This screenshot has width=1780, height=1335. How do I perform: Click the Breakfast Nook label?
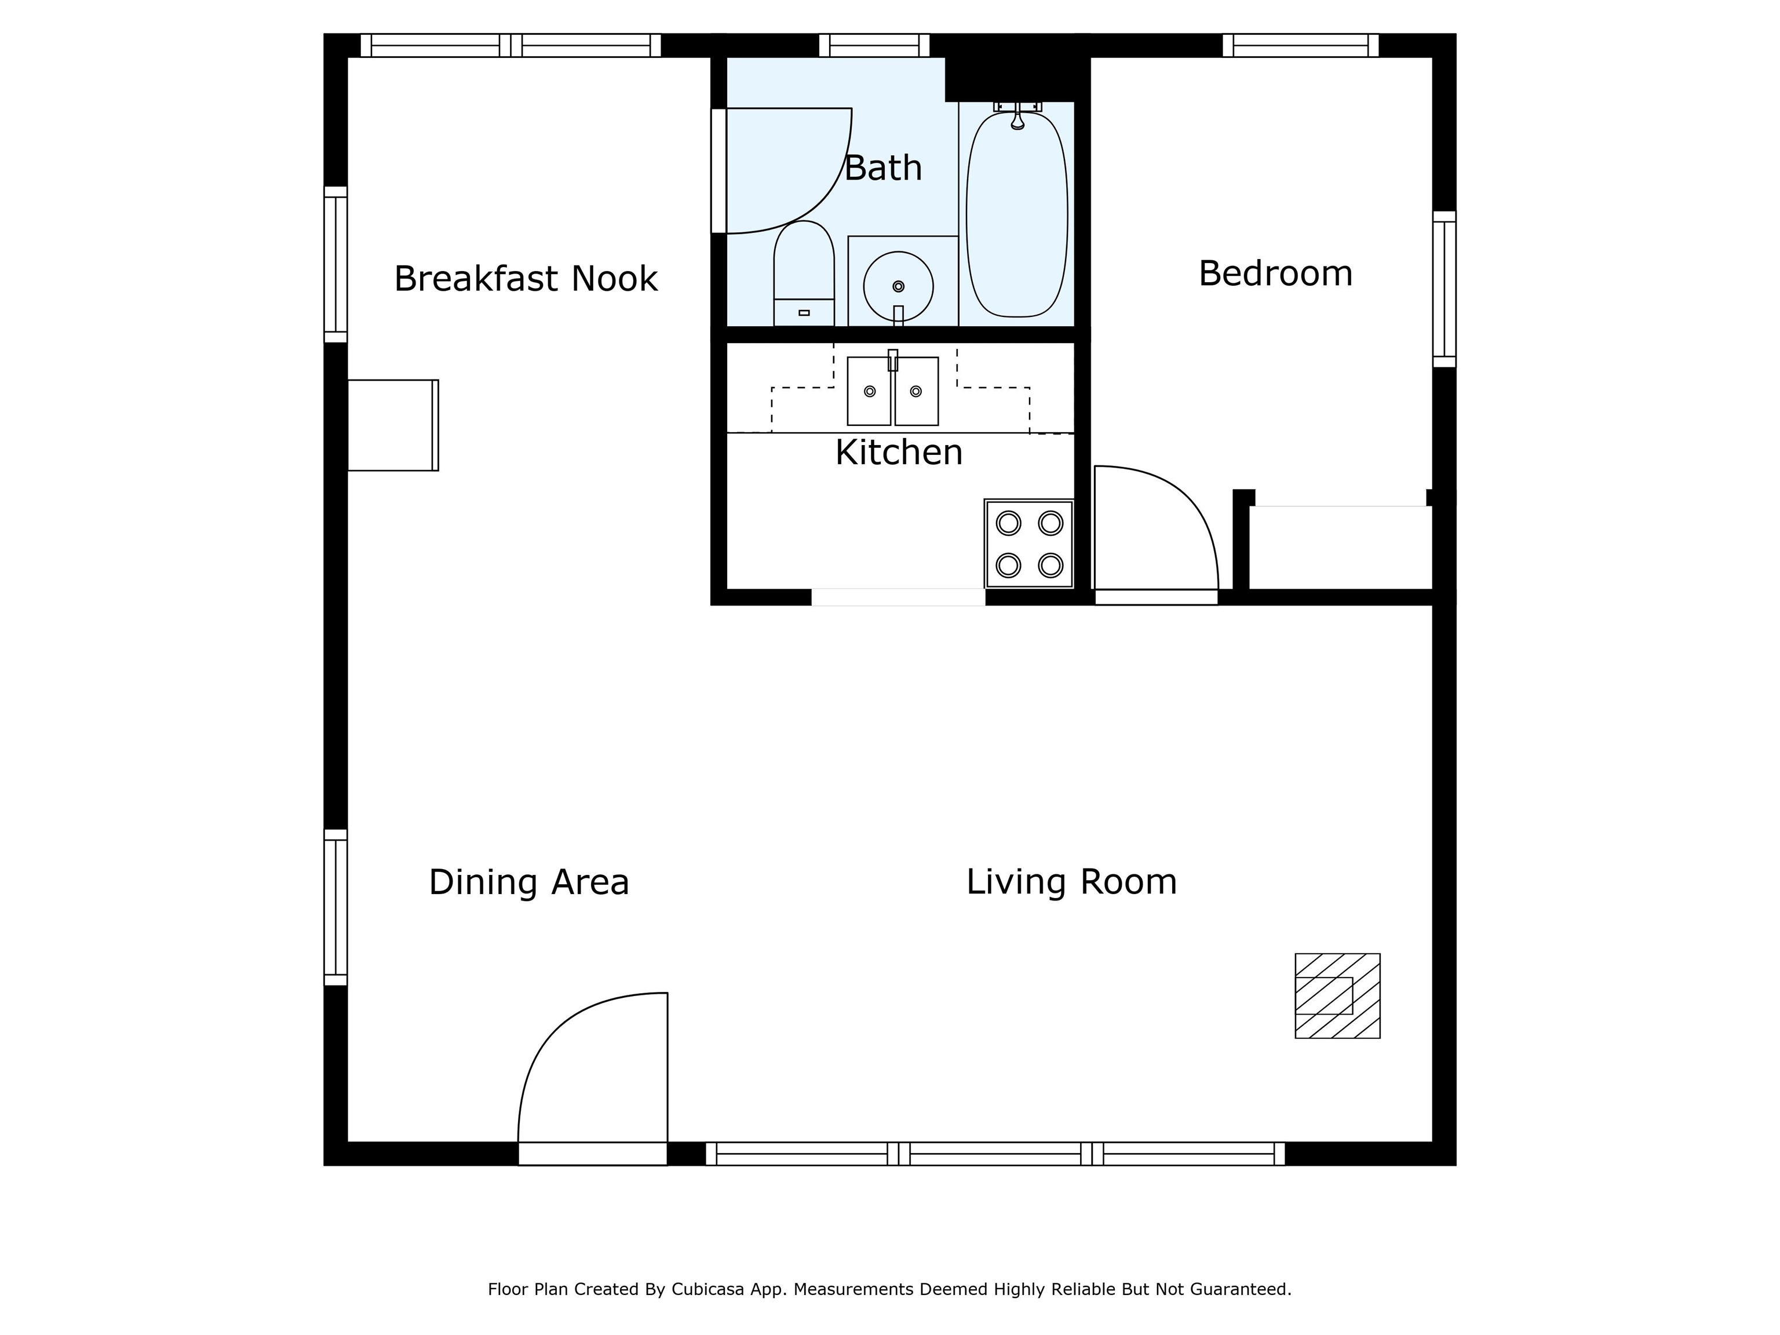click(x=526, y=279)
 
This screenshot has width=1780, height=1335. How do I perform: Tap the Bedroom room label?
click(x=1275, y=273)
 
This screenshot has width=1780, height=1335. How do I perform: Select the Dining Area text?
click(x=528, y=882)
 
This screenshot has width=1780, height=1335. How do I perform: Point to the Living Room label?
click(x=1071, y=882)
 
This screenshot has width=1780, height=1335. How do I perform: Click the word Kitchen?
click(x=899, y=452)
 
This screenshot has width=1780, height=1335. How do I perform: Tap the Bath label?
click(x=883, y=168)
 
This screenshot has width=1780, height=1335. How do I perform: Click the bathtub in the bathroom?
click(x=1016, y=214)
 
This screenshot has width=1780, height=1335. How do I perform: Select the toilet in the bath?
click(x=803, y=273)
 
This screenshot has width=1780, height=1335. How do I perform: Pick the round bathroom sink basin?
click(x=898, y=286)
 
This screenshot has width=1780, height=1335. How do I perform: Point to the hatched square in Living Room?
click(x=1337, y=996)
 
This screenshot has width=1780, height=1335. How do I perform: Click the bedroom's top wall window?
click(x=1300, y=45)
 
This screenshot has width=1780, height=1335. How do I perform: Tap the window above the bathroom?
click(x=874, y=45)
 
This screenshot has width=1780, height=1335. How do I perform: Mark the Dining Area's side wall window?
click(x=335, y=907)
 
